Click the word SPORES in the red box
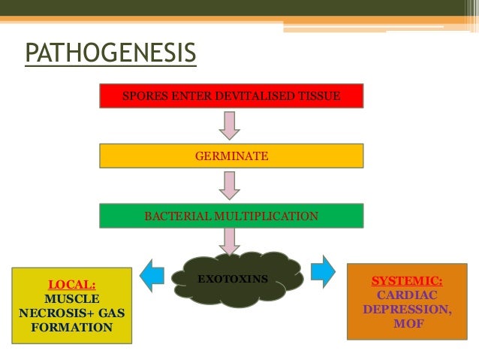(141, 96)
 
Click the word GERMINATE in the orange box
(231, 156)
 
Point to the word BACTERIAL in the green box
(177, 216)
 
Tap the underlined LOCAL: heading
(72, 285)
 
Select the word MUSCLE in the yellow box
(72, 299)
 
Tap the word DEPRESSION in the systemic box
(406, 310)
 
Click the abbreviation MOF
(408, 324)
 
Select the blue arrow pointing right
(324, 271)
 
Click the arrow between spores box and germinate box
(229, 126)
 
